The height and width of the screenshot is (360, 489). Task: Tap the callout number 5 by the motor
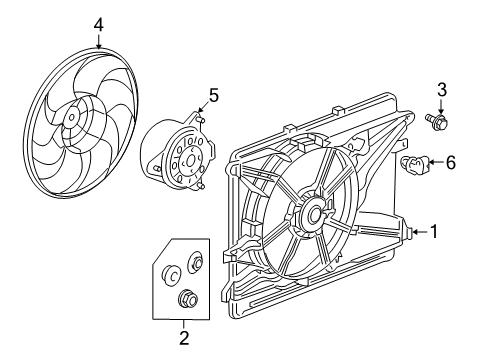(x=212, y=96)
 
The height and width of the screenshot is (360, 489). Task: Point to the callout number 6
(x=449, y=162)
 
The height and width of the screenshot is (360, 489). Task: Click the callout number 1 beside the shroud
(x=434, y=232)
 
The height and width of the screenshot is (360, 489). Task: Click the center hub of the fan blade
(x=72, y=117)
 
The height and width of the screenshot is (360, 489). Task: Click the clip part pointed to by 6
(x=413, y=164)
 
